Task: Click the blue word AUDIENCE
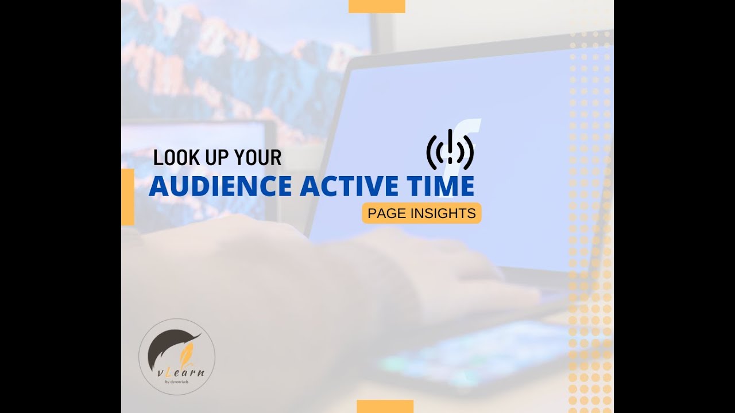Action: pos(220,186)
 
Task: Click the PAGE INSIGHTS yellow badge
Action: pos(421,213)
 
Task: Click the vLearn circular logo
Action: pos(177,357)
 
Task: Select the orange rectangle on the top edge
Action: pos(377,6)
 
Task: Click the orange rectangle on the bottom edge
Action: pos(385,406)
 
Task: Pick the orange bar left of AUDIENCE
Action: pos(127,197)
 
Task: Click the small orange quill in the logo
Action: pos(186,355)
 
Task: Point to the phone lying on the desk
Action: pos(471,350)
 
